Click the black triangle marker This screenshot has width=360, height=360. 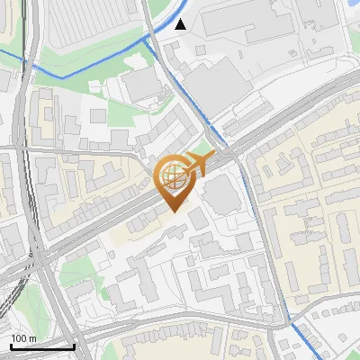(182, 24)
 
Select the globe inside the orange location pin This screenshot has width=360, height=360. (172, 175)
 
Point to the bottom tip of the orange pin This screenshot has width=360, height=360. (172, 211)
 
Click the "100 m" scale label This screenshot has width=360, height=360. (23, 338)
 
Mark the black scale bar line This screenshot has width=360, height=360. (42, 346)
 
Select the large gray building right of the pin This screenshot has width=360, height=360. (220, 195)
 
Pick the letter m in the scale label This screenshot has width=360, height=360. (32, 338)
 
